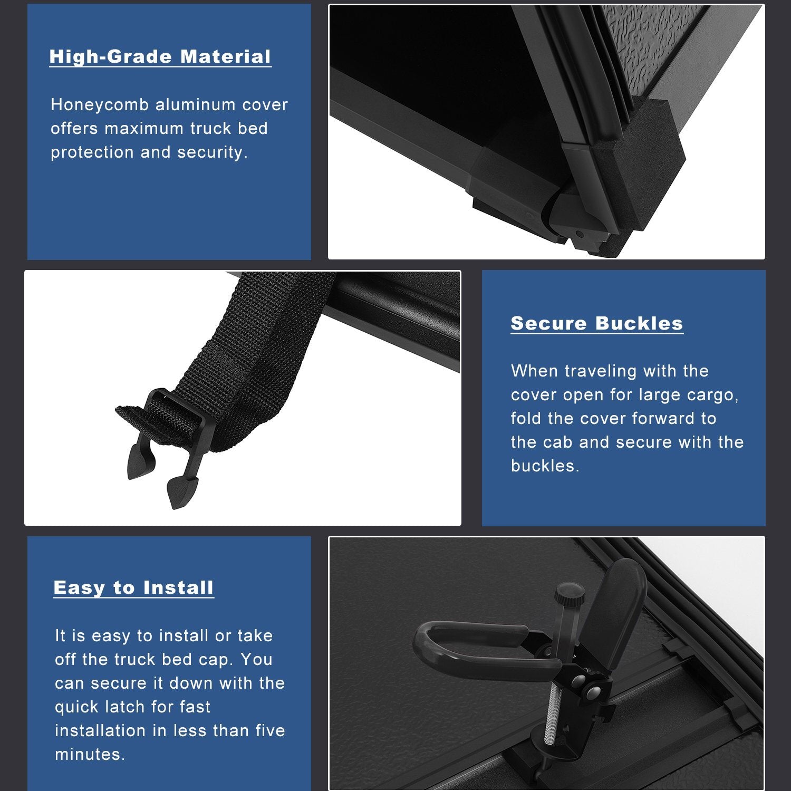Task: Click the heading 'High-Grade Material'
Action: pyautogui.click(x=160, y=57)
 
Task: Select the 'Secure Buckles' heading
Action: pyautogui.click(x=597, y=323)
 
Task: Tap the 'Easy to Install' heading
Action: pyautogui.click(x=134, y=587)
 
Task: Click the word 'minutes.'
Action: pyautogui.click(x=90, y=754)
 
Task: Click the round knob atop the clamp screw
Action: pyautogui.click(x=569, y=593)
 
